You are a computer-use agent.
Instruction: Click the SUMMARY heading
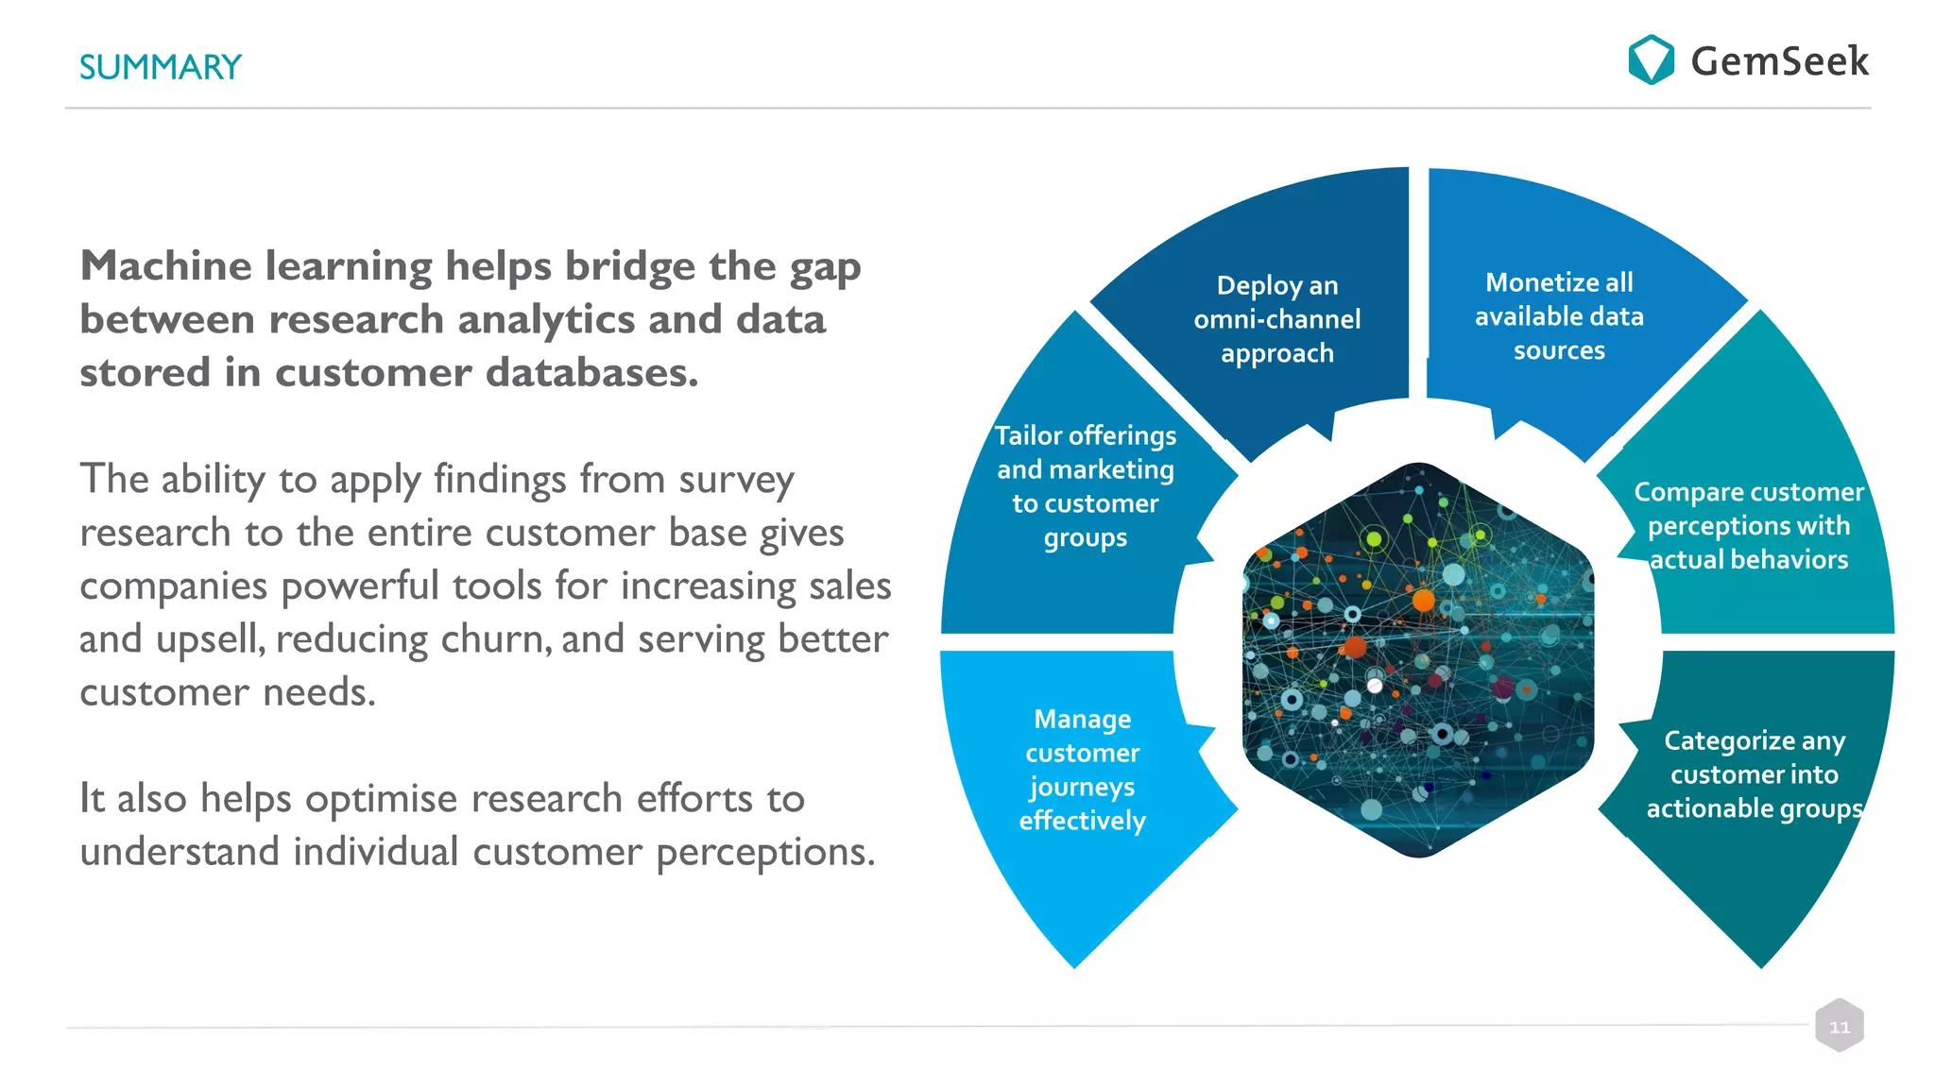tap(160, 67)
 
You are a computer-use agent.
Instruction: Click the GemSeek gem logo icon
tap(1651, 59)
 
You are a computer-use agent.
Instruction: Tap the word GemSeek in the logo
tap(1778, 61)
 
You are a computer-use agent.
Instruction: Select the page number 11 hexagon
tap(1839, 1026)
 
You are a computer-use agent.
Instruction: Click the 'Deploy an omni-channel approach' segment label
tap(1276, 319)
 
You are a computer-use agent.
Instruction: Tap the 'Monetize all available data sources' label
tap(1559, 316)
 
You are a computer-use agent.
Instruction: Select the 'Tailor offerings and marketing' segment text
tap(1086, 485)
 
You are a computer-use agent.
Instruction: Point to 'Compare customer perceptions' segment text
tap(1748, 525)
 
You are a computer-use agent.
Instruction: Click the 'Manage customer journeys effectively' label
tap(1083, 770)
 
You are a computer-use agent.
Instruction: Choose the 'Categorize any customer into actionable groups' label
tap(1754, 774)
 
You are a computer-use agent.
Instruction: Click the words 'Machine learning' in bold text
tap(256, 266)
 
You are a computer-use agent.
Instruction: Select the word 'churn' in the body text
tap(495, 639)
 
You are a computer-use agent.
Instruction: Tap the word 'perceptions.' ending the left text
tap(765, 853)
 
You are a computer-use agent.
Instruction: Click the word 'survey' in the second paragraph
tap(736, 481)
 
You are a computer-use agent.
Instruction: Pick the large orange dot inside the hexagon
tap(1423, 600)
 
